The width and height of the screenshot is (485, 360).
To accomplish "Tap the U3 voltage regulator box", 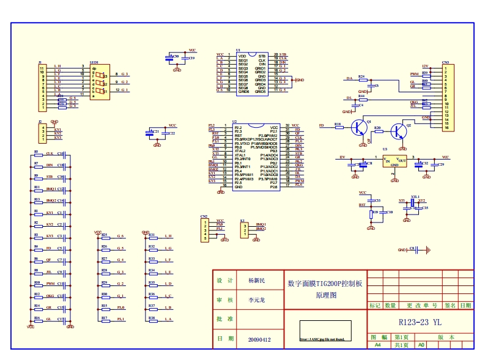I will [x=394, y=161].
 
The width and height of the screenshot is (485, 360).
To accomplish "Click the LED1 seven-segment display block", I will [x=98, y=82].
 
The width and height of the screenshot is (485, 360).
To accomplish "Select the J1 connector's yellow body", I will [x=42, y=87].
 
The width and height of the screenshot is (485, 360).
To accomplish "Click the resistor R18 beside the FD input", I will [x=338, y=127].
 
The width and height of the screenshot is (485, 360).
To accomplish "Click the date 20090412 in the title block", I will [x=259, y=339].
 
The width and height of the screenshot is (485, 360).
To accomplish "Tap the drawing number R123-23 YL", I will [x=419, y=321].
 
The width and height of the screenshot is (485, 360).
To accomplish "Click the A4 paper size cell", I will [x=378, y=345].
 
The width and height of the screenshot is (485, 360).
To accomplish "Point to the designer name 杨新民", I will [x=256, y=281].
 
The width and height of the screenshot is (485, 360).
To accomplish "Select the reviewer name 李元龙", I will [x=257, y=300].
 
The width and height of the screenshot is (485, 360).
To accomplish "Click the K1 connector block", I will [x=245, y=229].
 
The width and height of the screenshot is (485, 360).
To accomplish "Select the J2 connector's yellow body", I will [x=42, y=133].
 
